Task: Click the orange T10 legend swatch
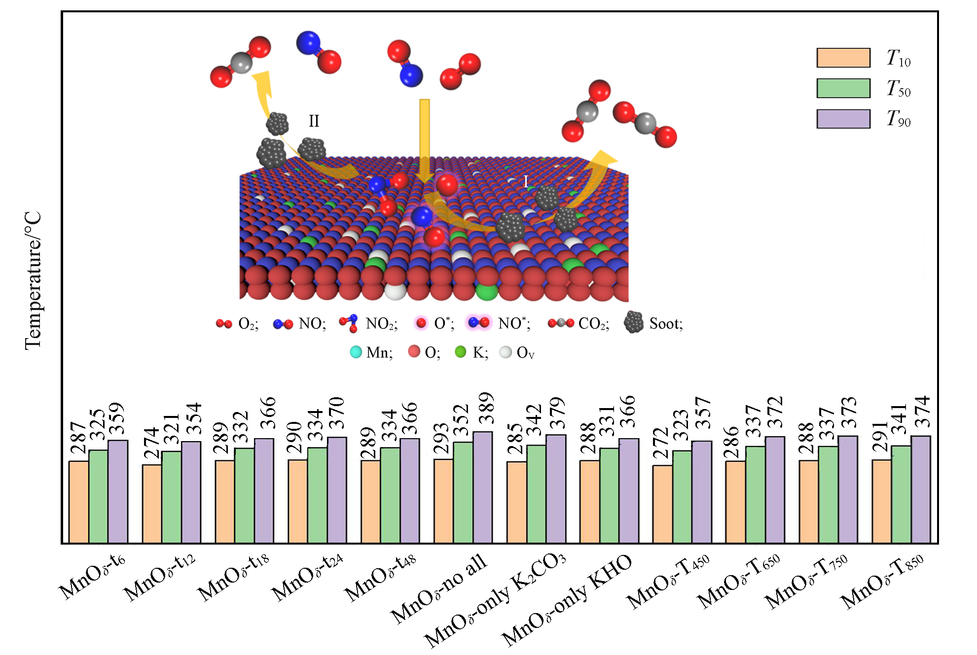843,58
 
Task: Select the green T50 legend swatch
843,88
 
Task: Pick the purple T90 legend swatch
843,119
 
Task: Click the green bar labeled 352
463,492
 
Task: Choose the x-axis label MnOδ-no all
439,589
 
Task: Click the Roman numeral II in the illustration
314,121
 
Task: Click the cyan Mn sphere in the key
356,352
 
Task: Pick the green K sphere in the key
460,352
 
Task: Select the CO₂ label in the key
594,324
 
